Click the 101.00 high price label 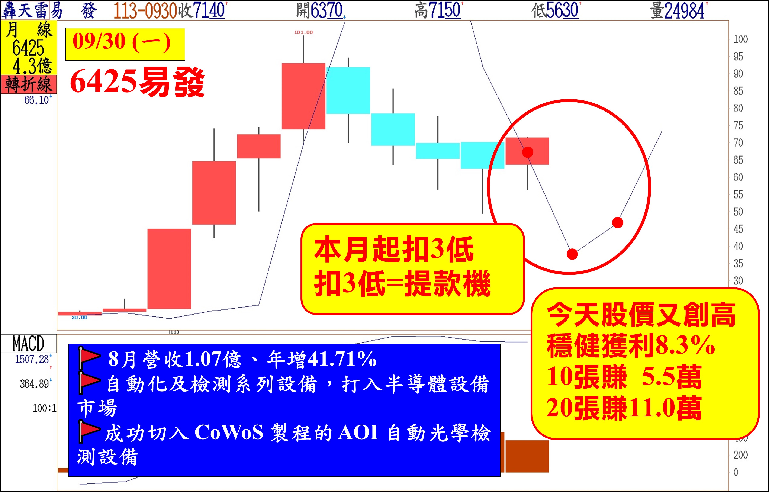[x=303, y=32]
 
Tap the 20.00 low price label [x=79, y=318]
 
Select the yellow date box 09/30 [x=125, y=44]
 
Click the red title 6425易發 [x=137, y=82]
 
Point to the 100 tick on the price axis [x=741, y=39]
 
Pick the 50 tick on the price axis [x=738, y=212]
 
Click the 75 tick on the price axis [x=738, y=126]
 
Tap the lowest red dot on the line [x=572, y=254]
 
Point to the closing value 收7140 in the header [x=202, y=10]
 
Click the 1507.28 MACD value [x=32, y=359]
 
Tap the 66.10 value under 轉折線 [x=37, y=100]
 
